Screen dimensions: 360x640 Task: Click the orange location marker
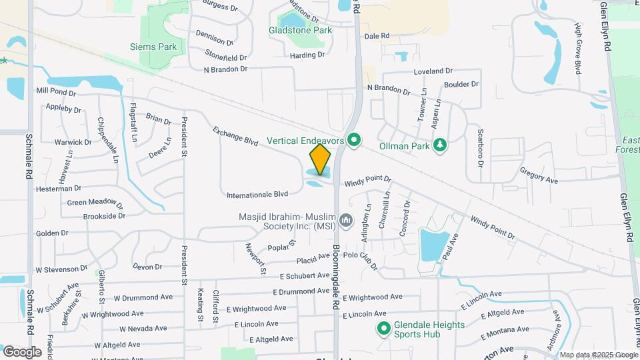pos(320,159)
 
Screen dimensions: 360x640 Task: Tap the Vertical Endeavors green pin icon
pos(355,141)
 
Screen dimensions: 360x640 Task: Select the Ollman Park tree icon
pos(439,145)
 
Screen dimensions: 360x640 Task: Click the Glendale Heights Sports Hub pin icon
pos(383,328)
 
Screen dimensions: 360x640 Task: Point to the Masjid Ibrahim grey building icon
pos(345,220)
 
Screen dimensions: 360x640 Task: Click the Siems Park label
pos(154,47)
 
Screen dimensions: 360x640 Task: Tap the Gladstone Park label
pos(300,30)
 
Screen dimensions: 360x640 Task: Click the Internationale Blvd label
pos(257,195)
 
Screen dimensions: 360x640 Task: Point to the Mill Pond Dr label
pos(56,91)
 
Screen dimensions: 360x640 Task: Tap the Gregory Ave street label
pos(539,175)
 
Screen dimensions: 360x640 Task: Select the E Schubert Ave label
pos(305,275)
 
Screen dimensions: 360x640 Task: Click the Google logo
pos(21,352)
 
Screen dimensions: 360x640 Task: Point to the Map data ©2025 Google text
pos(599,355)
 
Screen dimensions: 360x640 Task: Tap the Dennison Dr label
pos(214,37)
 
